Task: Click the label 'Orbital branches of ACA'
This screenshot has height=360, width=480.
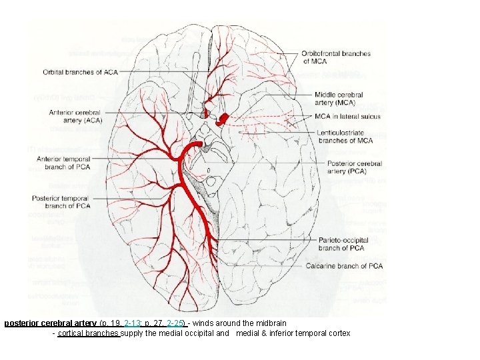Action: point(79,72)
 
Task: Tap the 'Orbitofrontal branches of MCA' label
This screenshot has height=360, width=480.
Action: point(335,57)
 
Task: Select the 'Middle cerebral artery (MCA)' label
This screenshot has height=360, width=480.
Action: point(339,99)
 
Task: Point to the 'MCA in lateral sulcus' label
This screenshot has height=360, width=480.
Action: point(349,116)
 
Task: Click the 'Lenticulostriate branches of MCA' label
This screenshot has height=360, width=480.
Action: point(345,136)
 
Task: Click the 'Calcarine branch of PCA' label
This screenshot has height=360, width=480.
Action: point(344,266)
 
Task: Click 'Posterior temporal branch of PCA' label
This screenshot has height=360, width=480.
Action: point(61,202)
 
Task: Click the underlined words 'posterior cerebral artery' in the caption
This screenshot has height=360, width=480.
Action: point(50,323)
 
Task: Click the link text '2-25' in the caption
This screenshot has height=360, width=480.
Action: point(176,323)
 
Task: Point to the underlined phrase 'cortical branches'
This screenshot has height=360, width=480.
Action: point(89,333)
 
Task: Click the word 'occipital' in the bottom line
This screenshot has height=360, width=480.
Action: point(201,333)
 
